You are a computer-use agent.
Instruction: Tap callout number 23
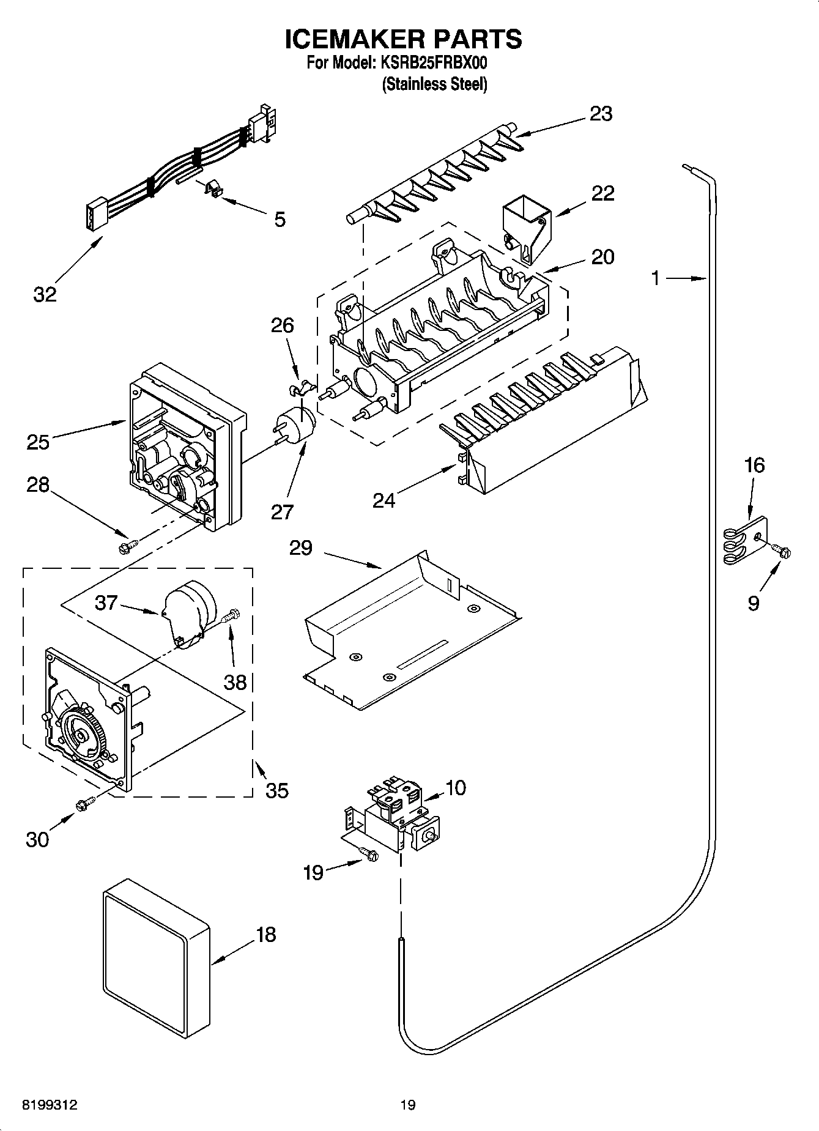pyautogui.click(x=601, y=114)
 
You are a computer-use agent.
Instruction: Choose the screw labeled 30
pyautogui.click(x=84, y=804)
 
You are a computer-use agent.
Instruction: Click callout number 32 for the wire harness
pyautogui.click(x=45, y=294)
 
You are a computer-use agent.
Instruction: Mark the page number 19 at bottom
pyautogui.click(x=408, y=1105)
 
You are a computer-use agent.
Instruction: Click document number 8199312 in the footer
pyautogui.click(x=50, y=1105)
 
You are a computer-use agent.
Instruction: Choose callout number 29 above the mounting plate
pyautogui.click(x=300, y=548)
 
